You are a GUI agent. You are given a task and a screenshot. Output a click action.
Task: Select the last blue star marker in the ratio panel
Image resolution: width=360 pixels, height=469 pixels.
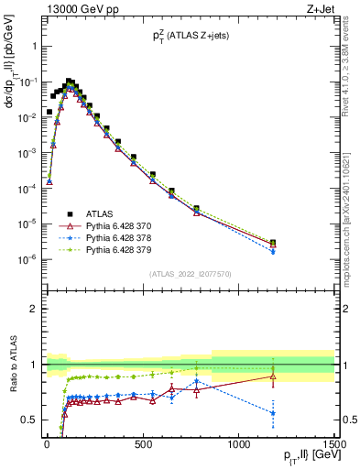pyautogui.click(x=273, y=412)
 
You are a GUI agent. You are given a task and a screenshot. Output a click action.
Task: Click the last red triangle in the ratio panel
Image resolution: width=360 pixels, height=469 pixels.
pyautogui.click(x=273, y=376)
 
